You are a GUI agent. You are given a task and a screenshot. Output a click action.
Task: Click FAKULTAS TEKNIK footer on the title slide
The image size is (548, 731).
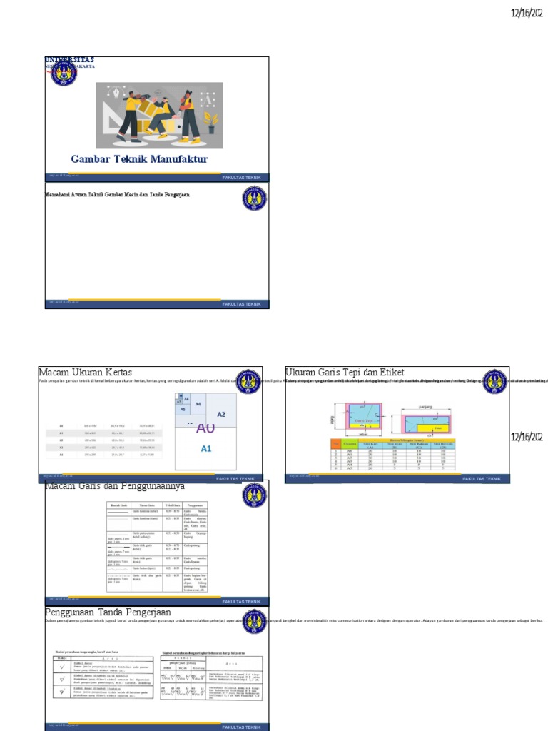click(x=242, y=177)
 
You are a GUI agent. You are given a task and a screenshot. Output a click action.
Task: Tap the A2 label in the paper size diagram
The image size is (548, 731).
click(x=221, y=414)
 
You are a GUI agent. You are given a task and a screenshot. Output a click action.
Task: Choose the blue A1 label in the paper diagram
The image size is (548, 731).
click(x=206, y=448)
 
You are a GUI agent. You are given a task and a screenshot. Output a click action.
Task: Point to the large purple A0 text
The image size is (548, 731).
click(x=205, y=428)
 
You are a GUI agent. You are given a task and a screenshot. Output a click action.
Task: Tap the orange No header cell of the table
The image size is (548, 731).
click(x=335, y=444)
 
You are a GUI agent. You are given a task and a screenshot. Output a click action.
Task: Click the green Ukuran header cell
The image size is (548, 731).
click(x=350, y=444)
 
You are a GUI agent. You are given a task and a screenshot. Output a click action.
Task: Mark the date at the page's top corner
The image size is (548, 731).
click(x=527, y=13)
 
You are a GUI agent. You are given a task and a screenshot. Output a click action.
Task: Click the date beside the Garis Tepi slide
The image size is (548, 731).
click(x=527, y=437)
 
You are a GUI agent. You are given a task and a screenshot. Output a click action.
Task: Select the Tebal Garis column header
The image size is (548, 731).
click(x=173, y=505)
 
